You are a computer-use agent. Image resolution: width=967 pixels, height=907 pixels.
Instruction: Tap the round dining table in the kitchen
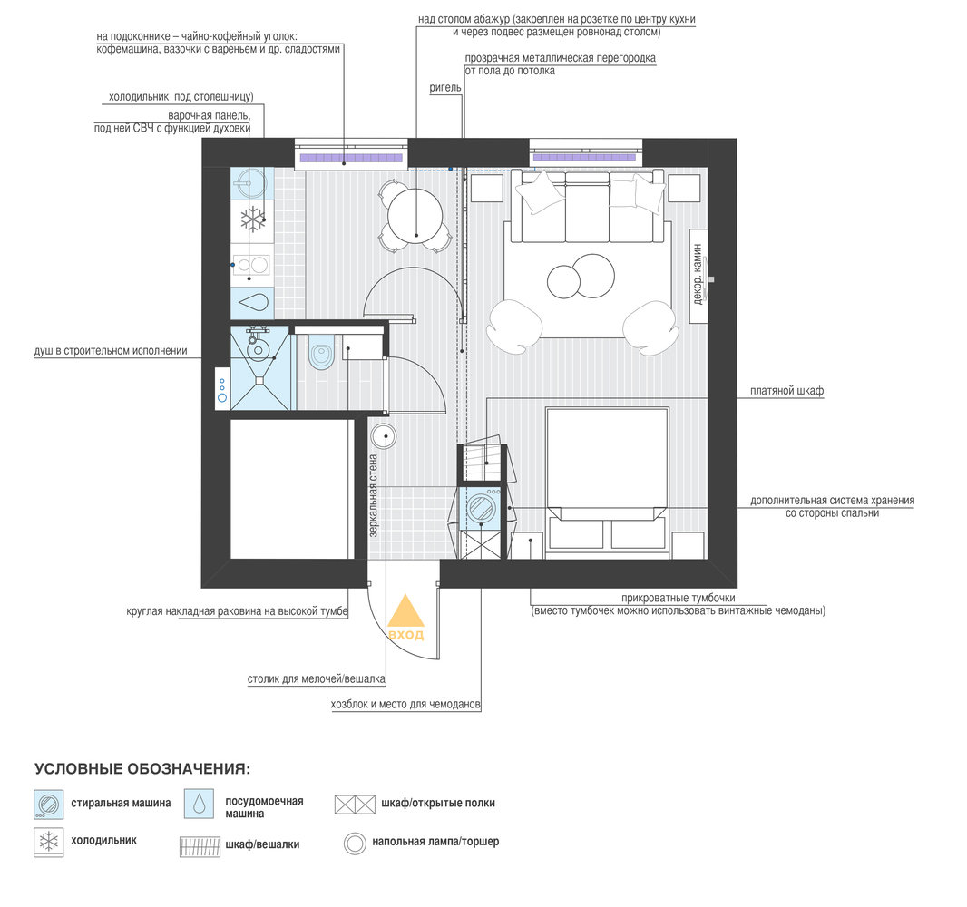click(x=415, y=217)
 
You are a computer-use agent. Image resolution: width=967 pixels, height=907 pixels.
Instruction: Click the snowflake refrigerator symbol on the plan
click(x=253, y=219)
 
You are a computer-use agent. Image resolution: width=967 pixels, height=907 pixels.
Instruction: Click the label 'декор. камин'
click(x=698, y=275)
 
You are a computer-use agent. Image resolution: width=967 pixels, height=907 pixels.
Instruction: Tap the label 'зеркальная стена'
click(x=373, y=496)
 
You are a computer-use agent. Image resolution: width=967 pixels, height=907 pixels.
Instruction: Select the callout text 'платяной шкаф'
click(x=786, y=391)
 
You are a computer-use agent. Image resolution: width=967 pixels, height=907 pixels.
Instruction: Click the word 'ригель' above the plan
click(x=445, y=88)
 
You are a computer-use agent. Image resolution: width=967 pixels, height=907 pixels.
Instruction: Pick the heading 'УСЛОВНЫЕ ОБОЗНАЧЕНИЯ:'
click(x=142, y=769)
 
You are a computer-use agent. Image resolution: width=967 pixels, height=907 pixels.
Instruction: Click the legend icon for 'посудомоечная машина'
click(x=200, y=804)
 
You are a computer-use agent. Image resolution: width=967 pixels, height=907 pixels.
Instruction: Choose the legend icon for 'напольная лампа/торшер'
click(x=356, y=843)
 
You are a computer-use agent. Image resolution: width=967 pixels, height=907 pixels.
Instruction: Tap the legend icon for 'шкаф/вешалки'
click(x=200, y=846)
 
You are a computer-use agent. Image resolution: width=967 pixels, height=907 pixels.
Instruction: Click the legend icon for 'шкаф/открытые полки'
click(x=355, y=804)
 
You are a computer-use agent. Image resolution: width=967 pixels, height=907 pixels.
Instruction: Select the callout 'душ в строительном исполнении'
click(x=111, y=351)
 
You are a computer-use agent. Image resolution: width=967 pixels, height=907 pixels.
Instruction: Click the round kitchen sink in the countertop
click(x=252, y=184)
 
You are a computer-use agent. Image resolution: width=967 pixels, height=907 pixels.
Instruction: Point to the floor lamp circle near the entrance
click(x=384, y=436)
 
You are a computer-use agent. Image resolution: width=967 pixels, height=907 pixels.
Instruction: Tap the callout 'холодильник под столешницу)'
click(x=181, y=97)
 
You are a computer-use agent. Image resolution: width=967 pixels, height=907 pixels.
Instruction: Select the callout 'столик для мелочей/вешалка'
click(x=317, y=679)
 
